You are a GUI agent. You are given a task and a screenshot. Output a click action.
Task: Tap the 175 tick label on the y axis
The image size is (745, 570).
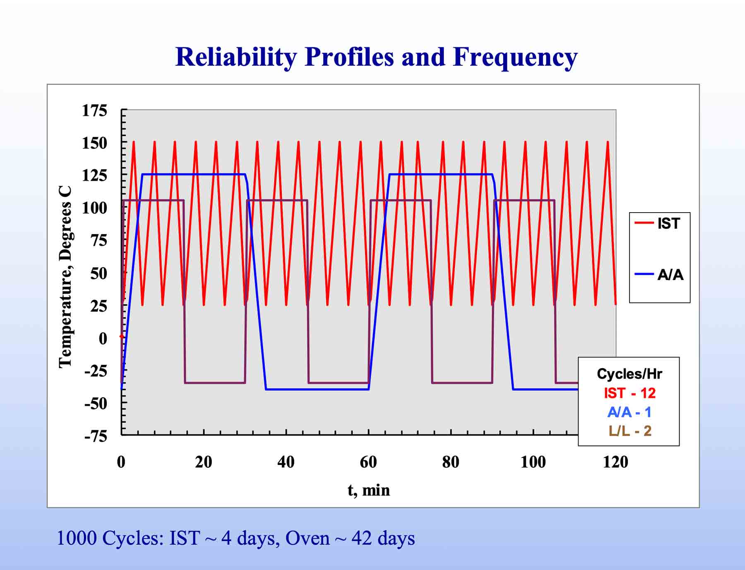click(x=94, y=110)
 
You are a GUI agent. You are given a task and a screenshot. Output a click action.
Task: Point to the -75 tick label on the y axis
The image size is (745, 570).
click(x=95, y=436)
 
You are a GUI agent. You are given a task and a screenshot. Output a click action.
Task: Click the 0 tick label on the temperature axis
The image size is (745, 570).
click(x=103, y=338)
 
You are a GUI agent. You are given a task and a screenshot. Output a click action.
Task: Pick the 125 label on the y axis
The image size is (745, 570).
click(x=94, y=175)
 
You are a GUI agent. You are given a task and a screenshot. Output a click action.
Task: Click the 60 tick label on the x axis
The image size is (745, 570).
click(x=368, y=462)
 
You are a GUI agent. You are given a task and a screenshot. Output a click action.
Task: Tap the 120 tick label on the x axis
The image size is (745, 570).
click(x=615, y=462)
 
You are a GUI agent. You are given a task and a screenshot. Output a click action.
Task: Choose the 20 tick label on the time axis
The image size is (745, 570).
click(x=203, y=462)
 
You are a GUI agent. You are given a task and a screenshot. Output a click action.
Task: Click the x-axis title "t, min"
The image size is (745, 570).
click(x=368, y=490)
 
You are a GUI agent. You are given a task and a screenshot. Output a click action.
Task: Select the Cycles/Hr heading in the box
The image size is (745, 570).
click(x=629, y=374)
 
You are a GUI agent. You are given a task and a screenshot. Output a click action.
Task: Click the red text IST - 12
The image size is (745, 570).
click(x=630, y=393)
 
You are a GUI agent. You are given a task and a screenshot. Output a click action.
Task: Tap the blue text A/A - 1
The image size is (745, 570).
click(x=629, y=412)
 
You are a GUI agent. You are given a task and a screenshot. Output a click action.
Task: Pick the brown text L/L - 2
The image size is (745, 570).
click(x=630, y=431)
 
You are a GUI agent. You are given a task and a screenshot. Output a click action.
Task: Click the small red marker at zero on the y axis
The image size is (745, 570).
click(x=122, y=336)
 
